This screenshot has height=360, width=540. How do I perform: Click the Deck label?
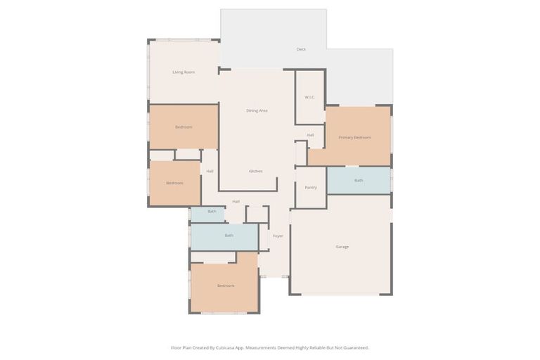pos(301,49)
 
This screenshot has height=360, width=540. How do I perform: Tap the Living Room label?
pos(184,72)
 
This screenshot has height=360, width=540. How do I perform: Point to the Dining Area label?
pos(257,110)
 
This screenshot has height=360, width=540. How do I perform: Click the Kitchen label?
pos(256,171)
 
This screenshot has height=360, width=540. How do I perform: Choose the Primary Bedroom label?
pos(354,137)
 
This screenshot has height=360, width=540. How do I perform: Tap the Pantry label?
pos(310,188)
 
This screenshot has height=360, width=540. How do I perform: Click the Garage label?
pos(342,247)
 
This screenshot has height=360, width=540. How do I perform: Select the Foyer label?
pos(278,236)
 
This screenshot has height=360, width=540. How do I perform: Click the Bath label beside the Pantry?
pos(359,181)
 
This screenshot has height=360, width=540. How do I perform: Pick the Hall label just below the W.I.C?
pos(310,135)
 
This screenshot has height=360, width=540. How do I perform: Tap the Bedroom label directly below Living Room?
pos(184,127)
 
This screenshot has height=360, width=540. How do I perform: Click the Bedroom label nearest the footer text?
pos(226,285)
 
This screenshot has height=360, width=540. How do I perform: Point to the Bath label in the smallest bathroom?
pos(212,211)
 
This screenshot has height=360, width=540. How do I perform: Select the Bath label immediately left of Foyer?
pos(229,236)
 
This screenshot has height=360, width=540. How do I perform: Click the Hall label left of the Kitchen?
pos(210,171)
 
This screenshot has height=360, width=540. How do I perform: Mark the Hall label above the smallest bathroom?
pos(236,202)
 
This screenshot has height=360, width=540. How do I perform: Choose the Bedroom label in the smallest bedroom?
pos(174,183)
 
